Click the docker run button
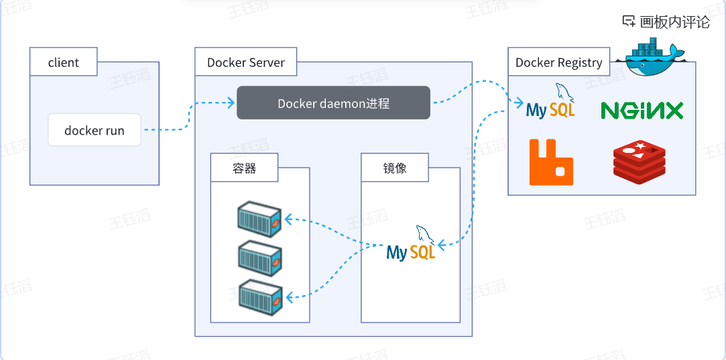95,130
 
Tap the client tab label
64,62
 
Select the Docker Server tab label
245,62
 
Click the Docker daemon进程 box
333,103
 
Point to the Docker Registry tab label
558,62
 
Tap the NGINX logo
642,110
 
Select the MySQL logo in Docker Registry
551,103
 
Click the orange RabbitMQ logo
551,162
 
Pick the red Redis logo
639,162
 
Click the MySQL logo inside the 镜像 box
412,245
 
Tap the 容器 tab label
244,168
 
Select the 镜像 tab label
395,168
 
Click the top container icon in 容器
259,218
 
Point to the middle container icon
259,257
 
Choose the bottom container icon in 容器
259,296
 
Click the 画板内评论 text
674,21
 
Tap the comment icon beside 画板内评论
629,21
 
